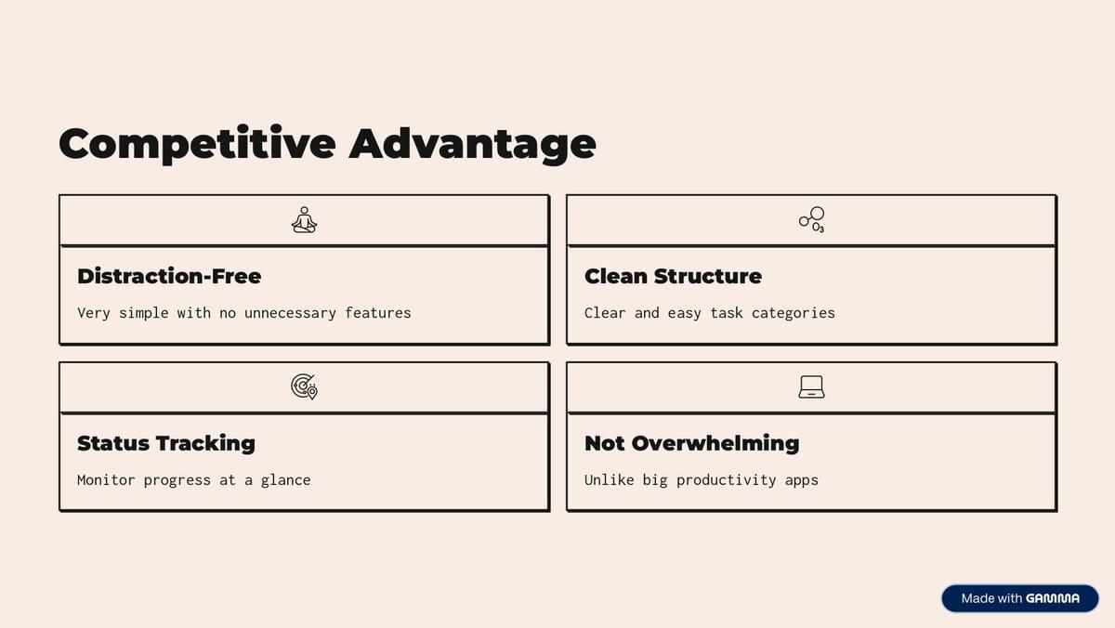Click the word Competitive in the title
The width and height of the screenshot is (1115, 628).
pos(197,144)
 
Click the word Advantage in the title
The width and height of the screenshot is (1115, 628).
pos(472,144)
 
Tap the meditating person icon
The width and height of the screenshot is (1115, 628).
pos(304,220)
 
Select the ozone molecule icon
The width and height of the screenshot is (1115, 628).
pos(812,220)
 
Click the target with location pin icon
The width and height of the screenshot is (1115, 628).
pos(304,386)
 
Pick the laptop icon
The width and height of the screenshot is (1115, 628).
pos(812,386)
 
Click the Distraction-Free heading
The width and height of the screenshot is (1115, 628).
pos(169,276)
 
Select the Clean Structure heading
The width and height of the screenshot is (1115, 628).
pos(673,276)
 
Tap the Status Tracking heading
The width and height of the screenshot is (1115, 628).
pos(166,443)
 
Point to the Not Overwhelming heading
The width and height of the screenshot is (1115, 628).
pos(692,443)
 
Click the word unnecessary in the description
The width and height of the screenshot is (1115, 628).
pos(290,313)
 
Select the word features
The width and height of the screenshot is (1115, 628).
pos(378,312)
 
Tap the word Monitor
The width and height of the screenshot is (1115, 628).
pos(106,479)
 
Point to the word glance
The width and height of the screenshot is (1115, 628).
pos(286,480)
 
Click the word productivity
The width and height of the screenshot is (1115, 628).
pos(727,480)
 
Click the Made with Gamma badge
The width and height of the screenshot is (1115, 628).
pos(1020,598)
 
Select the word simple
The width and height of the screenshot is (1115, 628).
pos(143,313)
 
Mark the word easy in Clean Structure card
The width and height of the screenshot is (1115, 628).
pos(685,314)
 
